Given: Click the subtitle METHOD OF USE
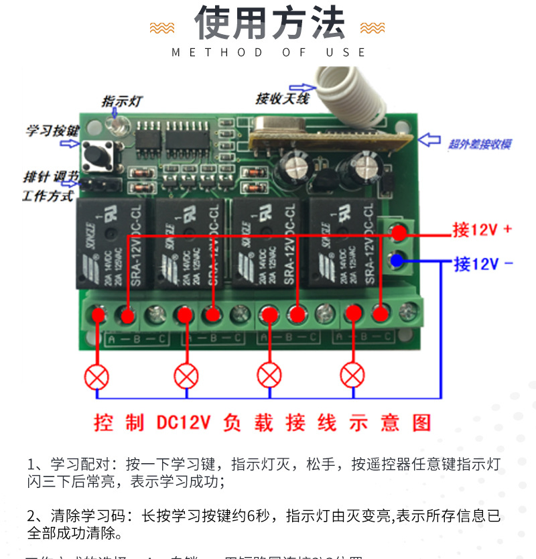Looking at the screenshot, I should click(269, 52).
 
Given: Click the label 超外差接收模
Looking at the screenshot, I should click(479, 143).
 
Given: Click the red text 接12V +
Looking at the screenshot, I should click(482, 230).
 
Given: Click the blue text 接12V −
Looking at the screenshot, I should click(483, 263).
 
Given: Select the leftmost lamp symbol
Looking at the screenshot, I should click(97, 375).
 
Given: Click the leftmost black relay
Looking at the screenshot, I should click(112, 243).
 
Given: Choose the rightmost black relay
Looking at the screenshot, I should click(340, 243).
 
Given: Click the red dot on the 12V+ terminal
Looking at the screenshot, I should click(399, 233).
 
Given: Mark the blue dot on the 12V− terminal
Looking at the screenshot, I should click(399, 259).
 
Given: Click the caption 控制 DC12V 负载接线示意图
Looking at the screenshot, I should click(263, 423).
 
